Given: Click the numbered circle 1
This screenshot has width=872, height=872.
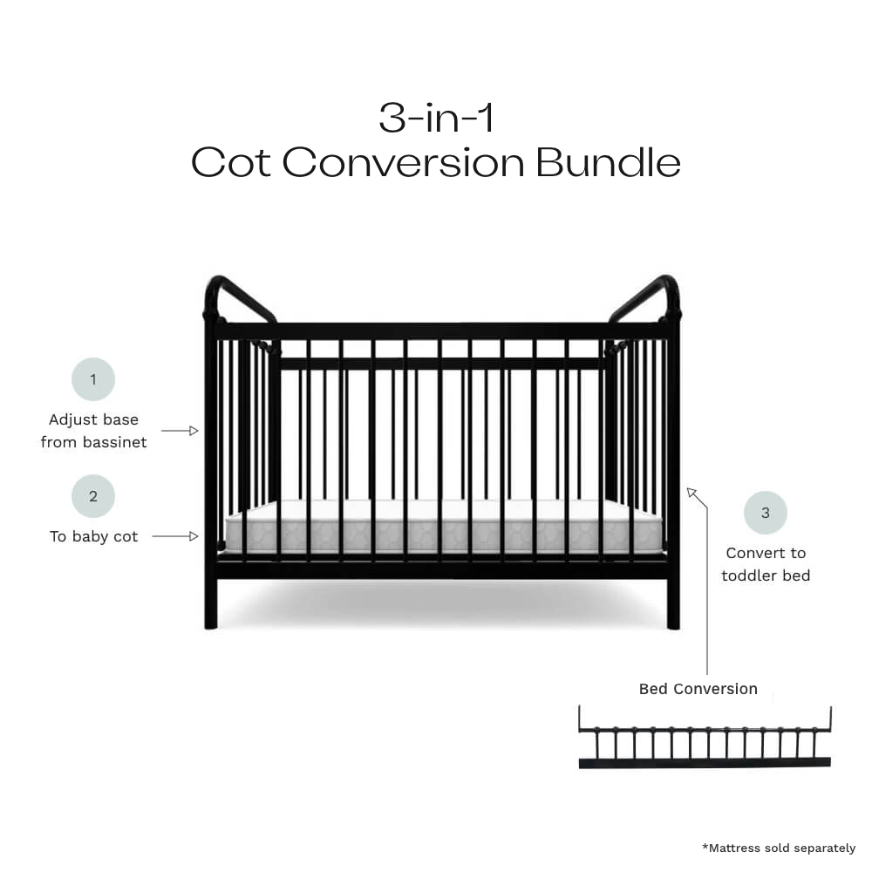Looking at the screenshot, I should tap(93, 379).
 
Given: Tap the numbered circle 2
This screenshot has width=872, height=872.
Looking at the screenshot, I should tap(93, 496).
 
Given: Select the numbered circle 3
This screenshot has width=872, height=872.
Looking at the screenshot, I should tap(766, 513).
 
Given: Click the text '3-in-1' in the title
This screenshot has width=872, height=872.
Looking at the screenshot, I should tap(436, 118).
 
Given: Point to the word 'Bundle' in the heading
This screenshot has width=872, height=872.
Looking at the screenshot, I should tap(608, 162).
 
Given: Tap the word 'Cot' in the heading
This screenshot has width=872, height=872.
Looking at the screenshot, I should tap(231, 162).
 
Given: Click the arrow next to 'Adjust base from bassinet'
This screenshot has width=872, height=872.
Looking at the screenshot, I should tap(181, 431).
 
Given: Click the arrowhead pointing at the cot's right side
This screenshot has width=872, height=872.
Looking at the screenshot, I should tap(692, 494).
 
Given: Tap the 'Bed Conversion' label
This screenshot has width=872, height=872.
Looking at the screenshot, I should tap(698, 689).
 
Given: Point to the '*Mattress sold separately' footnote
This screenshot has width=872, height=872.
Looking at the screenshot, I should tap(779, 848).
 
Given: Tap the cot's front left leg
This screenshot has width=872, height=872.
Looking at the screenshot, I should tap(211, 602).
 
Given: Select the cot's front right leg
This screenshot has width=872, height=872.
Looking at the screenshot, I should tap(673, 602).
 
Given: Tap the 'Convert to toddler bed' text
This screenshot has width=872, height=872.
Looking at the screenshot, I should tap(766, 564).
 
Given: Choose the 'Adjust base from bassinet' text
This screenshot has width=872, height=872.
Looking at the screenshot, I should tap(93, 431).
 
